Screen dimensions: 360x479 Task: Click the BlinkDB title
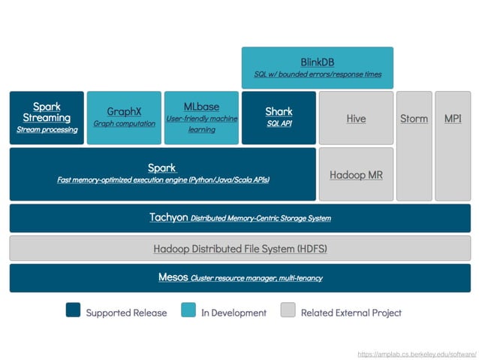coord(317,62)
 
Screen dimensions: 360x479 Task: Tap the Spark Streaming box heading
coord(47,112)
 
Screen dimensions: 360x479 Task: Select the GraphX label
coord(124,111)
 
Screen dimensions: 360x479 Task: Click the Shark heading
coord(279,111)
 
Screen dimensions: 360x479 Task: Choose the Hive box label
coord(356,119)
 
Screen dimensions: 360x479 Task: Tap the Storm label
coord(414,119)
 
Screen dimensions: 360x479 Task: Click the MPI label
coord(453,119)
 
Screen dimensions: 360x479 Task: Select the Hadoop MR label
coord(356,174)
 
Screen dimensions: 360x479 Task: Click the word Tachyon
coord(169,217)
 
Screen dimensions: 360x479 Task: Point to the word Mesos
coord(173,277)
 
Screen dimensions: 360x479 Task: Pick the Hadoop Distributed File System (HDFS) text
coord(240,248)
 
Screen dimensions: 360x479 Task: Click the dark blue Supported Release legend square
coord(73,311)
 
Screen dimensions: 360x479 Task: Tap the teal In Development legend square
coord(188,311)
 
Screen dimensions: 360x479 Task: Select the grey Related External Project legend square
coord(288,311)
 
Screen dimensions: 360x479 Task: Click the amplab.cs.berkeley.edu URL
coord(417,352)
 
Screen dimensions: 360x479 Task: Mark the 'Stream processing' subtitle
coord(47,130)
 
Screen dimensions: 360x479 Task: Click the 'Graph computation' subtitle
coord(124,123)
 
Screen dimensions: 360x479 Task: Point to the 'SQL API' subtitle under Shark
coord(279,123)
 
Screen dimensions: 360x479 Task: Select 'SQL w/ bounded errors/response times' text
coord(317,74)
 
